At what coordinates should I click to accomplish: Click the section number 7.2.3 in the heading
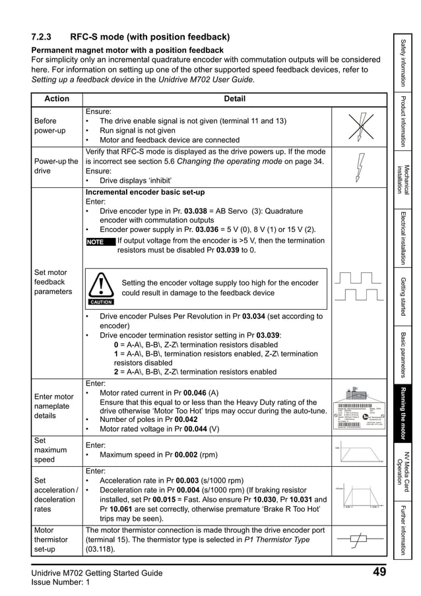[x=46, y=37]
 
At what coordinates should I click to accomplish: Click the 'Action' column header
[x=56, y=99]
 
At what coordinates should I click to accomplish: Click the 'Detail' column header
[x=234, y=99]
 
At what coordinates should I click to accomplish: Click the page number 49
[x=379, y=572]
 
